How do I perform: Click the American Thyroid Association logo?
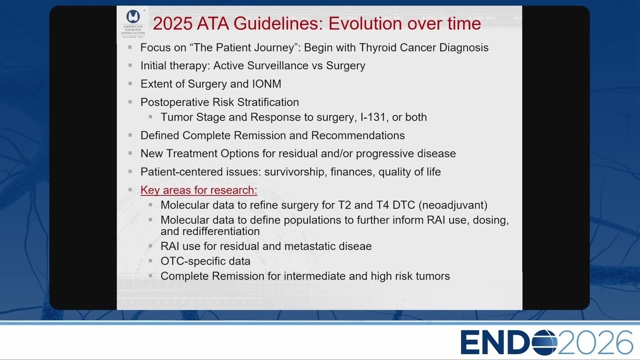[x=133, y=23]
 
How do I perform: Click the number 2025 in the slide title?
[x=172, y=23]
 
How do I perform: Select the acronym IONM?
[x=266, y=84]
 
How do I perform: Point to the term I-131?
[x=373, y=117]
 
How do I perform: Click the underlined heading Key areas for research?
[x=198, y=190]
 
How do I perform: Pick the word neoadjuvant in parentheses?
[x=453, y=205]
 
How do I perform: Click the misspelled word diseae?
[x=355, y=246]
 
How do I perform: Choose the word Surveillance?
[x=277, y=65]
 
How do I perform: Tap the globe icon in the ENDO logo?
[x=544, y=342]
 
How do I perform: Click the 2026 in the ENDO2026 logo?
[x=595, y=342]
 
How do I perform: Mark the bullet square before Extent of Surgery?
[x=130, y=83]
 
